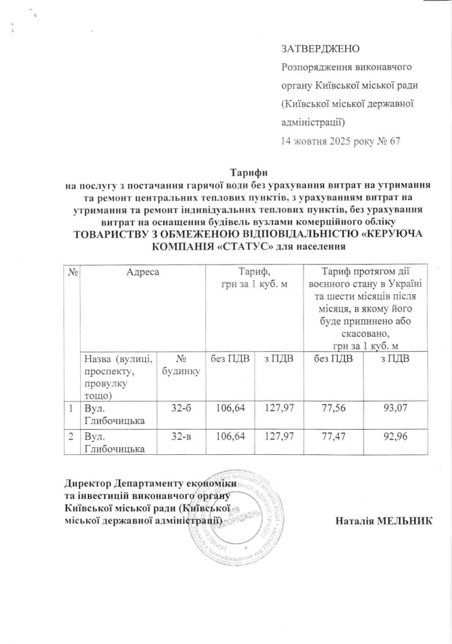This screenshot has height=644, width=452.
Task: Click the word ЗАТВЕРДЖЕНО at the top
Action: tap(320, 49)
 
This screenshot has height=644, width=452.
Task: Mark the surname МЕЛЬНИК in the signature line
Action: tap(407, 519)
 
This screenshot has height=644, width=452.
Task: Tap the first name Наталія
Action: tap(354, 519)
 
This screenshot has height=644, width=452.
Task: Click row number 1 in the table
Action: tap(70, 408)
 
